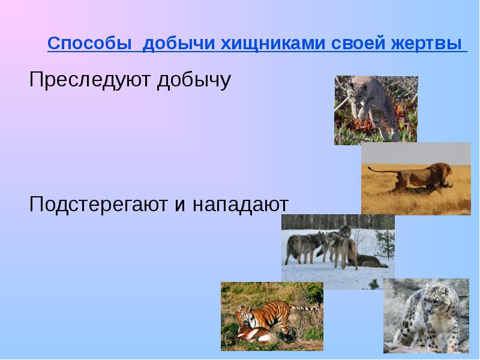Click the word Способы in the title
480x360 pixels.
pyautogui.click(x=91, y=44)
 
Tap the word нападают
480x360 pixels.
pyautogui.click(x=241, y=205)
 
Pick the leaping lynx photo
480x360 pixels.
pyautogui.click(x=376, y=110)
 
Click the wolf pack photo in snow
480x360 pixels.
pyautogui.click(x=338, y=251)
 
